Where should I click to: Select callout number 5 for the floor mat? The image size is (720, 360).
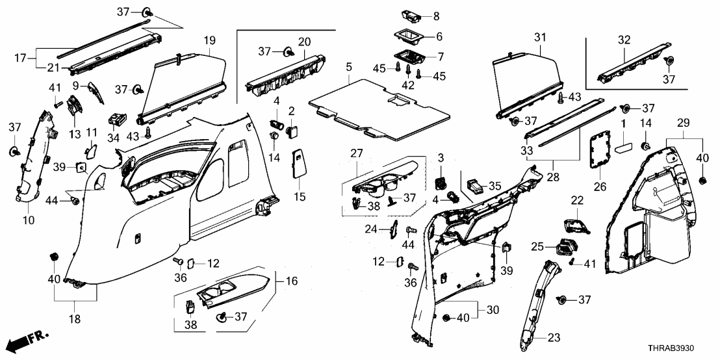pos(348,67)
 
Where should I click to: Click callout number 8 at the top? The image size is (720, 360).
pos(437,14)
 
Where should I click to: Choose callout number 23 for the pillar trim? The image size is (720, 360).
pos(553,337)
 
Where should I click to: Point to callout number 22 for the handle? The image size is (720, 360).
pos(578,199)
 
